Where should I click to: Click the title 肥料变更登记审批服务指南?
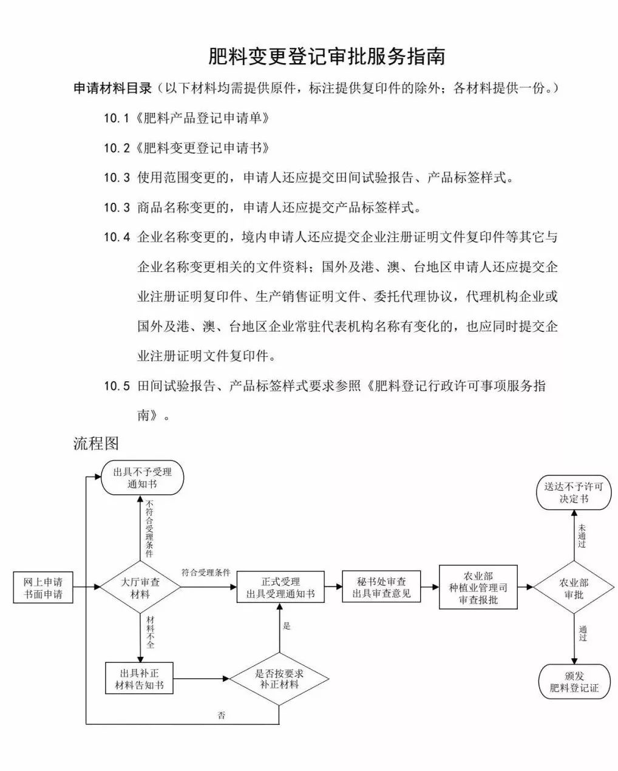327,56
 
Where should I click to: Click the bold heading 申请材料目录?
112,89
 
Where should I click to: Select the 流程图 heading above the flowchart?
96,443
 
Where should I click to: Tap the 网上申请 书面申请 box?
43,587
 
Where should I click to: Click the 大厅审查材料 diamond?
140,587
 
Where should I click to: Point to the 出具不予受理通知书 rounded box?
141,478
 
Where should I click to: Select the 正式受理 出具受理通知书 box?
280,587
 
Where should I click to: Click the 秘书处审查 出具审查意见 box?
381,587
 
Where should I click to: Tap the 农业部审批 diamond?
574,588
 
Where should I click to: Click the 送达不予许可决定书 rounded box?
574,492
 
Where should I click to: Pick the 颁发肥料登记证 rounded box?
574,682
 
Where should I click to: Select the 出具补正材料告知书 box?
139,678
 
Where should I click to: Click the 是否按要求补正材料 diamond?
279,678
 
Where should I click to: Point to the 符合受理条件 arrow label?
206,572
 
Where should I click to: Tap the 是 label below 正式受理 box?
287,626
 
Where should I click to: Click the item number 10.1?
117,118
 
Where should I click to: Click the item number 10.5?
117,387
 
